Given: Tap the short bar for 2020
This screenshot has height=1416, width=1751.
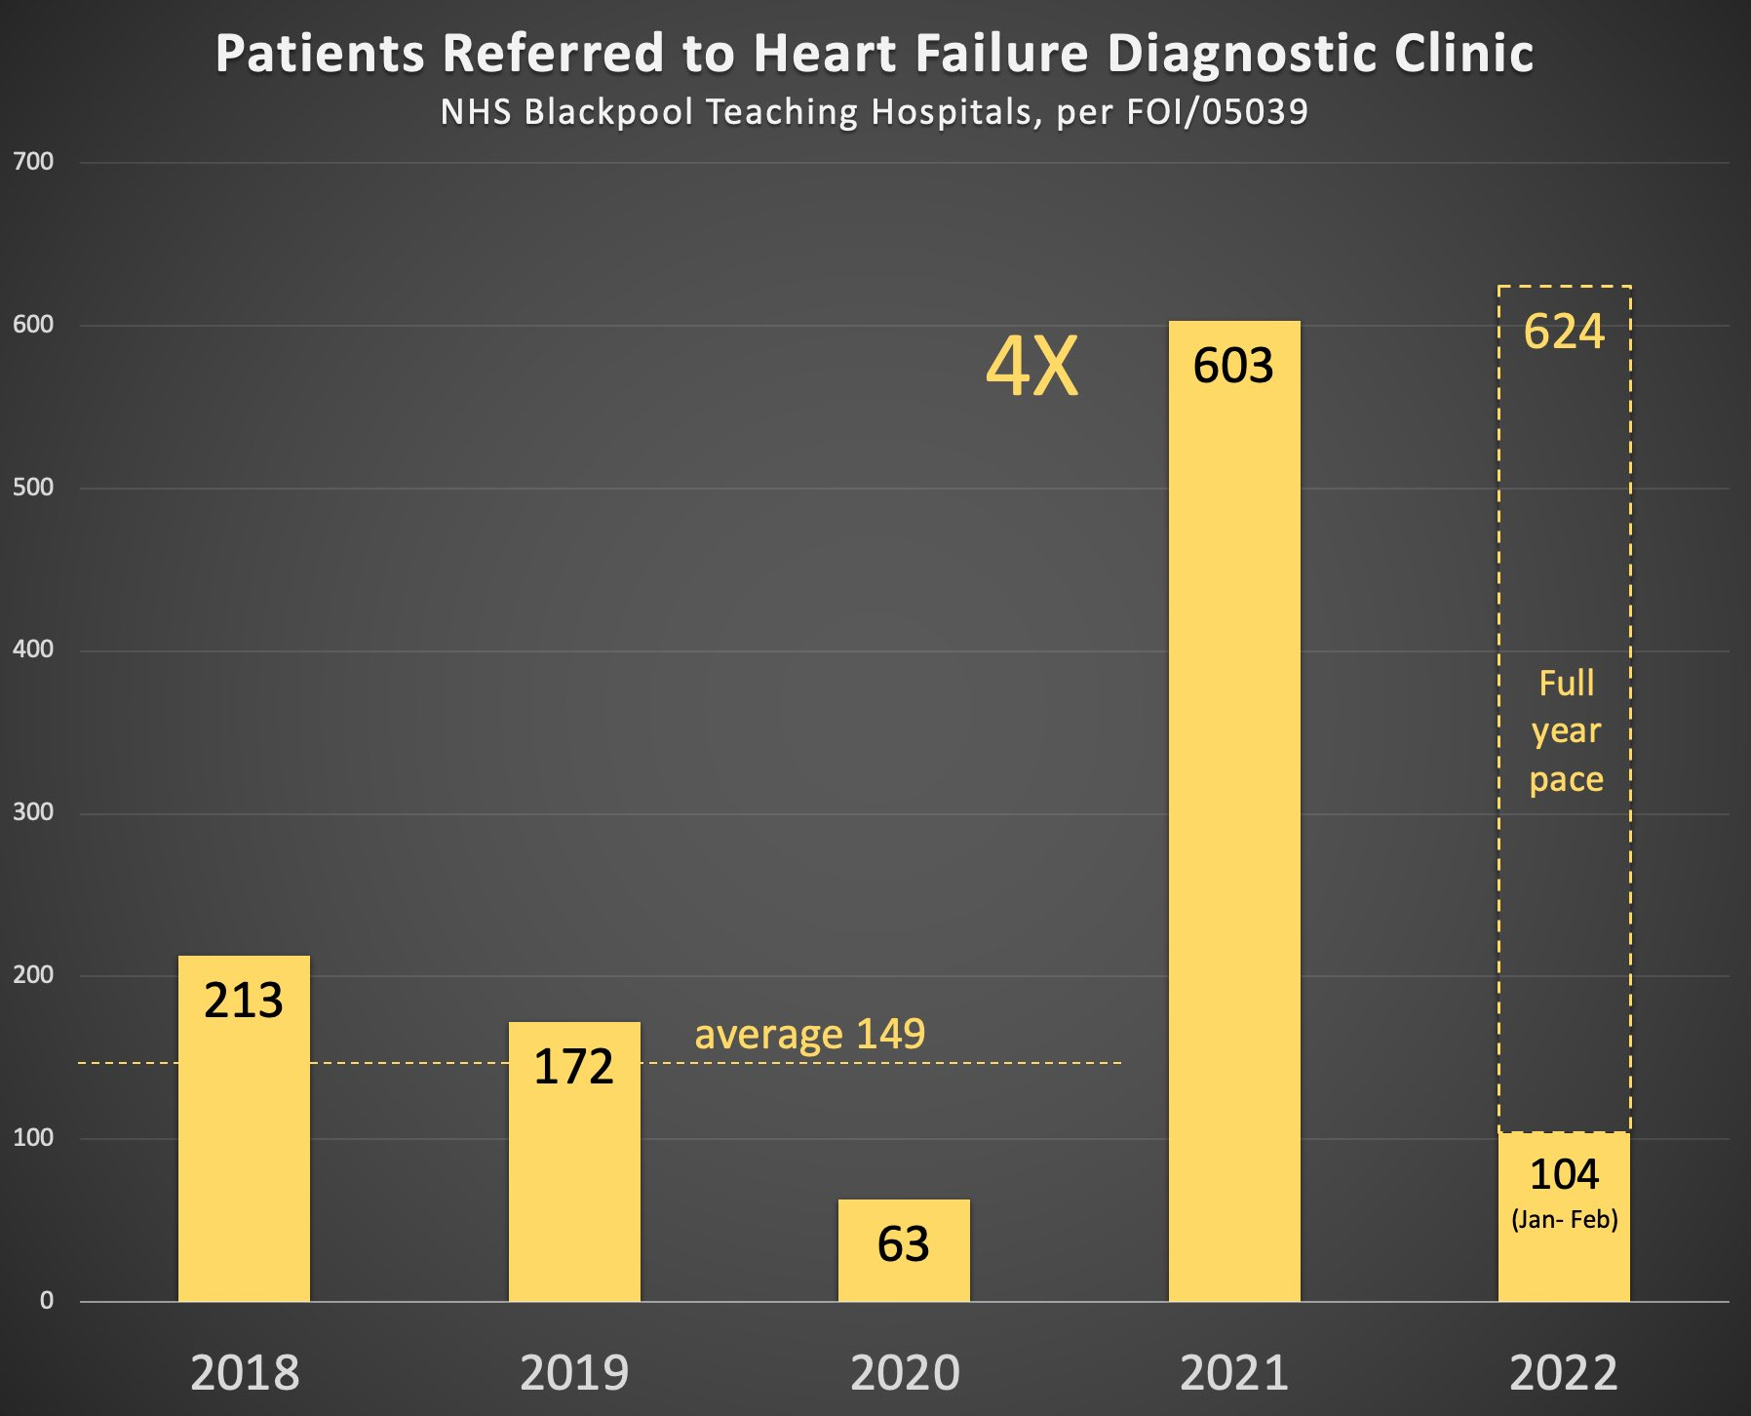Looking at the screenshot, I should pyautogui.click(x=904, y=1268).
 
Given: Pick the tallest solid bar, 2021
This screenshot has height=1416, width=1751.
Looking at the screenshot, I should pyautogui.click(x=1234, y=829).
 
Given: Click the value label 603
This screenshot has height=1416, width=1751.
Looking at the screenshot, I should pyautogui.click(x=1233, y=367).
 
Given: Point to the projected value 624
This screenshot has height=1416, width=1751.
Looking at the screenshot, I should pyautogui.click(x=1564, y=332).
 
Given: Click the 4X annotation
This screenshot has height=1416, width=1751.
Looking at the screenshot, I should pyautogui.click(x=1032, y=368).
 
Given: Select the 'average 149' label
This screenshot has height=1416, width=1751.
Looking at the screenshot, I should pyautogui.click(x=809, y=1034).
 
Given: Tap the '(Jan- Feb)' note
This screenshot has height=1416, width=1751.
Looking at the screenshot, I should pyautogui.click(x=1564, y=1219).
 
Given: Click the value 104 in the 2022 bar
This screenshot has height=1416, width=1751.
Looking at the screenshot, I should pyautogui.click(x=1564, y=1174).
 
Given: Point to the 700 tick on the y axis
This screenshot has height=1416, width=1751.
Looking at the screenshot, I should pyautogui.click(x=33, y=162).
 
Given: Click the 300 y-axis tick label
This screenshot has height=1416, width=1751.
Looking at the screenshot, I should pyautogui.click(x=33, y=812).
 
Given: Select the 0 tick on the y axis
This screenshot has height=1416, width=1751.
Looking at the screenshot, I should pyautogui.click(x=46, y=1300).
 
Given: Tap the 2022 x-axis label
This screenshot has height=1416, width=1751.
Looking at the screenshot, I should pyautogui.click(x=1564, y=1373).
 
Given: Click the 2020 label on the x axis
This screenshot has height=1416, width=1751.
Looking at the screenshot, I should pyautogui.click(x=905, y=1373).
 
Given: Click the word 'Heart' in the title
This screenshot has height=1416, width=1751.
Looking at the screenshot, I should pyautogui.click(x=825, y=54).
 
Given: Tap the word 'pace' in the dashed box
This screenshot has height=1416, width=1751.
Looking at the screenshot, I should pyautogui.click(x=1566, y=779).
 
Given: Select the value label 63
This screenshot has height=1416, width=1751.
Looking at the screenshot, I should pyautogui.click(x=904, y=1244).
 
